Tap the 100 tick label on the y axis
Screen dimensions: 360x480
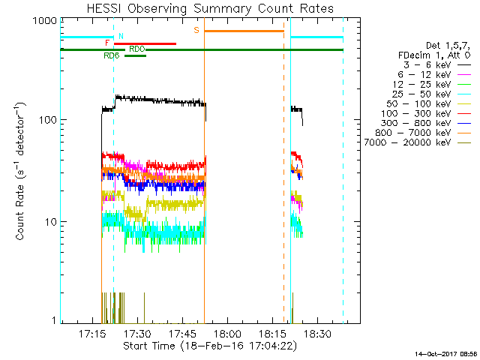coord(46,120)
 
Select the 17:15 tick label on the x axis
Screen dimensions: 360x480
coord(92,333)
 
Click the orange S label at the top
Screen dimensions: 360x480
coord(197,30)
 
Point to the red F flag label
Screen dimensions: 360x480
coord(107,43)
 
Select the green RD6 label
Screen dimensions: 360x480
coord(111,55)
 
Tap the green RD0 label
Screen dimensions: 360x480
coord(137,49)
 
